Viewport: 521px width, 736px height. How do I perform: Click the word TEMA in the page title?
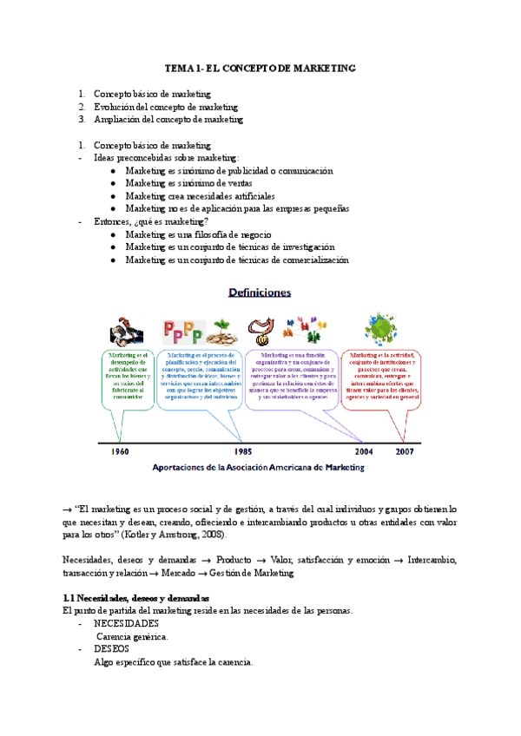click(x=180, y=67)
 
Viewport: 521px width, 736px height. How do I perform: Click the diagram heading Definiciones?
click(x=260, y=293)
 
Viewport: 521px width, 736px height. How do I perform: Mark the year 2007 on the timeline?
click(x=406, y=452)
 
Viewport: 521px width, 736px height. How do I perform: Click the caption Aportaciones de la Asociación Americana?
click(x=259, y=467)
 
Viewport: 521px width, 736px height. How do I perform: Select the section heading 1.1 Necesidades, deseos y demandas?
click(x=135, y=599)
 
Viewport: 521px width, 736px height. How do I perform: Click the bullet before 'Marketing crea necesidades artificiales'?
click(x=114, y=196)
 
